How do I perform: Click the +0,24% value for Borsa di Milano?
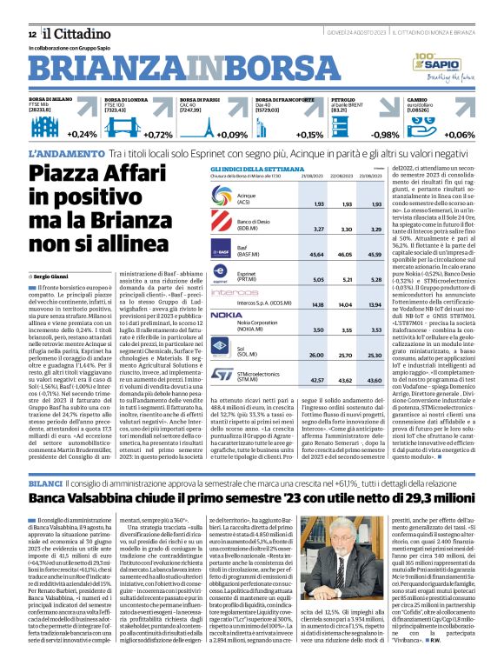pos(81,135)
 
